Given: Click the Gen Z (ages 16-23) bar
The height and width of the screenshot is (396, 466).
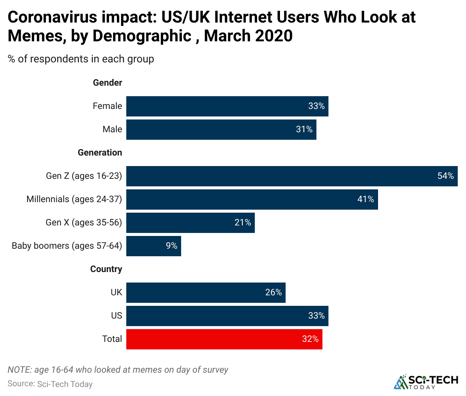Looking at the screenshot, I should tap(292, 176).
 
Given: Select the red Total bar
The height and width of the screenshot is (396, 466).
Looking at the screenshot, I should tap(224, 339).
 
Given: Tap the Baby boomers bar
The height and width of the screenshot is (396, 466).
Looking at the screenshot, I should tap(153, 246).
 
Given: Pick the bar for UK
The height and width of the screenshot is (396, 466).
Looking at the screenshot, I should tap(206, 293).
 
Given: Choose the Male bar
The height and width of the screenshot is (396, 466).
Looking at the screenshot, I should tap(221, 130).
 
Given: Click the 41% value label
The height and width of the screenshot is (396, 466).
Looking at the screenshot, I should tap(365, 200).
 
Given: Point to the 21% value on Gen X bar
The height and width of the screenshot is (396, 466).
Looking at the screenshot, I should tap(243, 223).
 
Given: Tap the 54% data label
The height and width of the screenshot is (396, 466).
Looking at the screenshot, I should tap(445, 176).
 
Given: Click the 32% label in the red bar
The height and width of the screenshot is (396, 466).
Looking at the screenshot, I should tap(310, 339).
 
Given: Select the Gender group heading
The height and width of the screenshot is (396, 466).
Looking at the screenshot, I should tap(107, 83).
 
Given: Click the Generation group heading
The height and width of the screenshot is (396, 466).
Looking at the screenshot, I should tap(100, 153).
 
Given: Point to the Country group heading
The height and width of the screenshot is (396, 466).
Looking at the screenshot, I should tap(106, 269).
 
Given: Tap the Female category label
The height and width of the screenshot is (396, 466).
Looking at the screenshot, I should tap(107, 106).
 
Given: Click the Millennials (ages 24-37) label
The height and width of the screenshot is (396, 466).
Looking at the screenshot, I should tap(74, 199).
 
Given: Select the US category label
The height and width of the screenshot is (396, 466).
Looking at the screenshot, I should tap(116, 316).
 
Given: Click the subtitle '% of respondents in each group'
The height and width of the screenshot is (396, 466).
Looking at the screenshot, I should tap(81, 59).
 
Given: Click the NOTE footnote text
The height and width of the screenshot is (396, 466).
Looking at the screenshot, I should tap(118, 370).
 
